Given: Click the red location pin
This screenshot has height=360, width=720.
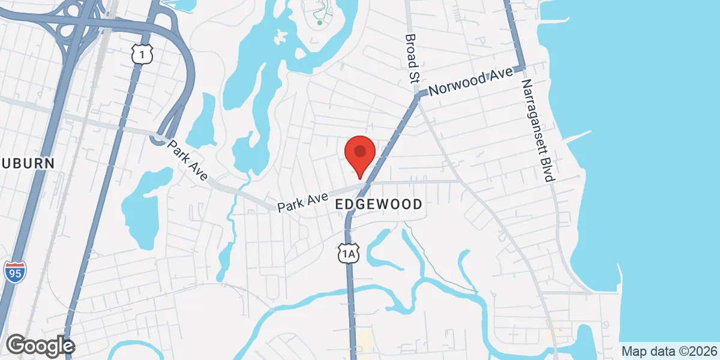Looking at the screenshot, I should pos(360,154).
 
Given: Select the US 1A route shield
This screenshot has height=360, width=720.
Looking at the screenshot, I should pos(348,254).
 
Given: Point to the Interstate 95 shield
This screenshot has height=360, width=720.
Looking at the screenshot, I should pos(14,272).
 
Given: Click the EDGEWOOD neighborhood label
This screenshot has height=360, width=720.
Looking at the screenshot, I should pos(378,205).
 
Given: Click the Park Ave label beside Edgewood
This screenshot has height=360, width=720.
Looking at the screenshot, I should pos(303,202).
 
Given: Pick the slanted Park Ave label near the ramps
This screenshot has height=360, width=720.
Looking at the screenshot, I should pos(187,160).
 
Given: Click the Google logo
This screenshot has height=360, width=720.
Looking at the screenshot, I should pos(40,346).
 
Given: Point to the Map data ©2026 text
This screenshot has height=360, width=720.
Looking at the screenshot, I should pos(669,351).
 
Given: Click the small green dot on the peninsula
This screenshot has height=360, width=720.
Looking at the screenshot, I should pos(320,23).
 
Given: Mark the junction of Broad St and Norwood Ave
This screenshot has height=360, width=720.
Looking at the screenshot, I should pos(419,94).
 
